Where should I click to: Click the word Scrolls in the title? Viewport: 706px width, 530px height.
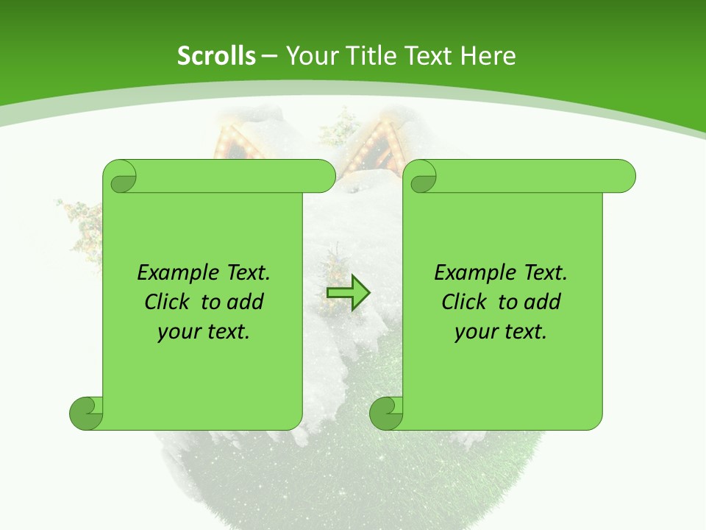(x=216, y=56)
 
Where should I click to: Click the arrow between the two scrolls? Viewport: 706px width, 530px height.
(x=348, y=292)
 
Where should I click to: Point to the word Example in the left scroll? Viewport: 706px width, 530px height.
(x=174, y=273)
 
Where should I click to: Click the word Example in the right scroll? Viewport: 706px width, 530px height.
(x=471, y=273)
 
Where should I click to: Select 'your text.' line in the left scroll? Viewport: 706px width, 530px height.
(x=204, y=331)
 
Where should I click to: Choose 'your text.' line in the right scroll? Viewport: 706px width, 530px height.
(x=501, y=331)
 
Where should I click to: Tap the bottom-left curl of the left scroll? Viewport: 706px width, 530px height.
(x=85, y=413)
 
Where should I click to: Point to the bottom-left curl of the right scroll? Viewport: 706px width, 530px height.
(x=385, y=413)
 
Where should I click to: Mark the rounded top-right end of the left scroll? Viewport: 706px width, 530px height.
(x=324, y=176)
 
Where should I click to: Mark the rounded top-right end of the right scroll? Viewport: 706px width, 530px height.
(x=624, y=176)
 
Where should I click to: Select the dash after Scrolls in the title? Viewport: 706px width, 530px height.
(x=269, y=56)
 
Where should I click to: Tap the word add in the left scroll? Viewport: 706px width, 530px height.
(x=246, y=302)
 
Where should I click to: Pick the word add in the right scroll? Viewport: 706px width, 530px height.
(x=543, y=302)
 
